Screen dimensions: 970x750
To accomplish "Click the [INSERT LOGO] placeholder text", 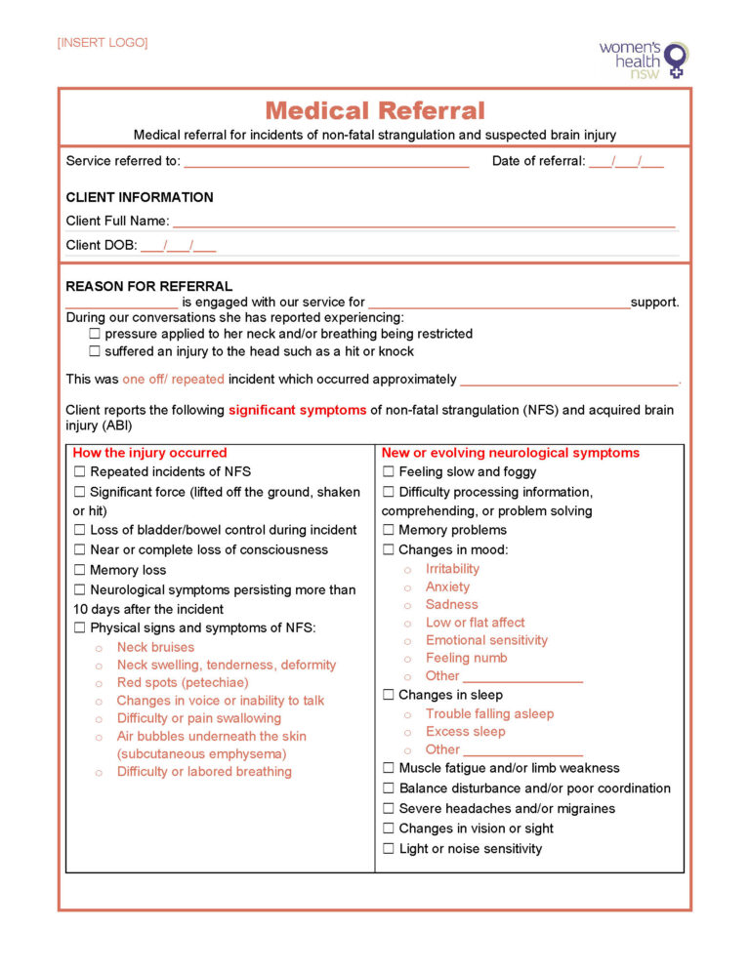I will pyautogui.click(x=103, y=43).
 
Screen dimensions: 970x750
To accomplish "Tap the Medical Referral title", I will pyautogui.click(x=374, y=111).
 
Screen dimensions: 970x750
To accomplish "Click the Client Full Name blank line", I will pyautogui.click(x=424, y=222).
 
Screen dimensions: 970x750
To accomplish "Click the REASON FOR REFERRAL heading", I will pyautogui.click(x=148, y=287).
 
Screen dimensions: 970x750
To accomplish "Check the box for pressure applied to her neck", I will pyautogui.click(x=95, y=334).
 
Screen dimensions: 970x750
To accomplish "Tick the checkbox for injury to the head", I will pyautogui.click(x=95, y=351).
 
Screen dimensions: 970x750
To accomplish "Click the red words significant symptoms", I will pyautogui.click(x=298, y=411).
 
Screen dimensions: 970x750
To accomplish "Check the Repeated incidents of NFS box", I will pyautogui.click(x=80, y=472).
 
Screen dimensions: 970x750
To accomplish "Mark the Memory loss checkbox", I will pyautogui.click(x=80, y=571).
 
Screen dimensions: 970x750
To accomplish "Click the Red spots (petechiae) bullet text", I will pyautogui.click(x=183, y=683).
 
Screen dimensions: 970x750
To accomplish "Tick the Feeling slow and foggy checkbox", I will pyautogui.click(x=389, y=472).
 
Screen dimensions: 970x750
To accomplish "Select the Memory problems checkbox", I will pyautogui.click(x=389, y=531).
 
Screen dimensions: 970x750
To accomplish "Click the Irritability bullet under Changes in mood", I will pyautogui.click(x=452, y=569).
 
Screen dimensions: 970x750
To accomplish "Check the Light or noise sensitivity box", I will pyautogui.click(x=389, y=849).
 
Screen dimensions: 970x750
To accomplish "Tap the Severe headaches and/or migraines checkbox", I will pyautogui.click(x=389, y=809).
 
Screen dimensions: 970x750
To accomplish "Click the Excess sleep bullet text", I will pyautogui.click(x=465, y=732).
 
